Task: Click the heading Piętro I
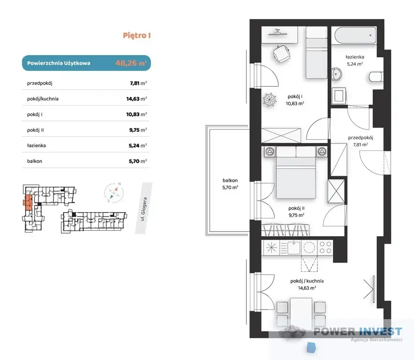pos(137,36)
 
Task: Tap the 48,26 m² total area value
pos(131,63)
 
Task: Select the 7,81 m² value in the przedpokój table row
pos(138,83)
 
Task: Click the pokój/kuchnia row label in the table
pos(43,99)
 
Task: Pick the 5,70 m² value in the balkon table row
pos(138,161)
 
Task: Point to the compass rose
pos(114,193)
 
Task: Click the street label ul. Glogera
pos(143,209)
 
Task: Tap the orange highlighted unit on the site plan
pos(28,202)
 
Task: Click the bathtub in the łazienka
pos(355,35)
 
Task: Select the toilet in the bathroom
pos(375,76)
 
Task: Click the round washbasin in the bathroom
pos(336,74)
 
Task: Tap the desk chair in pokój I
pos(281,54)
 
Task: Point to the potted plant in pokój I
pos(270,100)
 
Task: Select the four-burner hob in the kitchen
pos(325,247)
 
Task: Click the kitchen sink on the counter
pos(294,247)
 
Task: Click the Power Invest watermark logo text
pos(358,331)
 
